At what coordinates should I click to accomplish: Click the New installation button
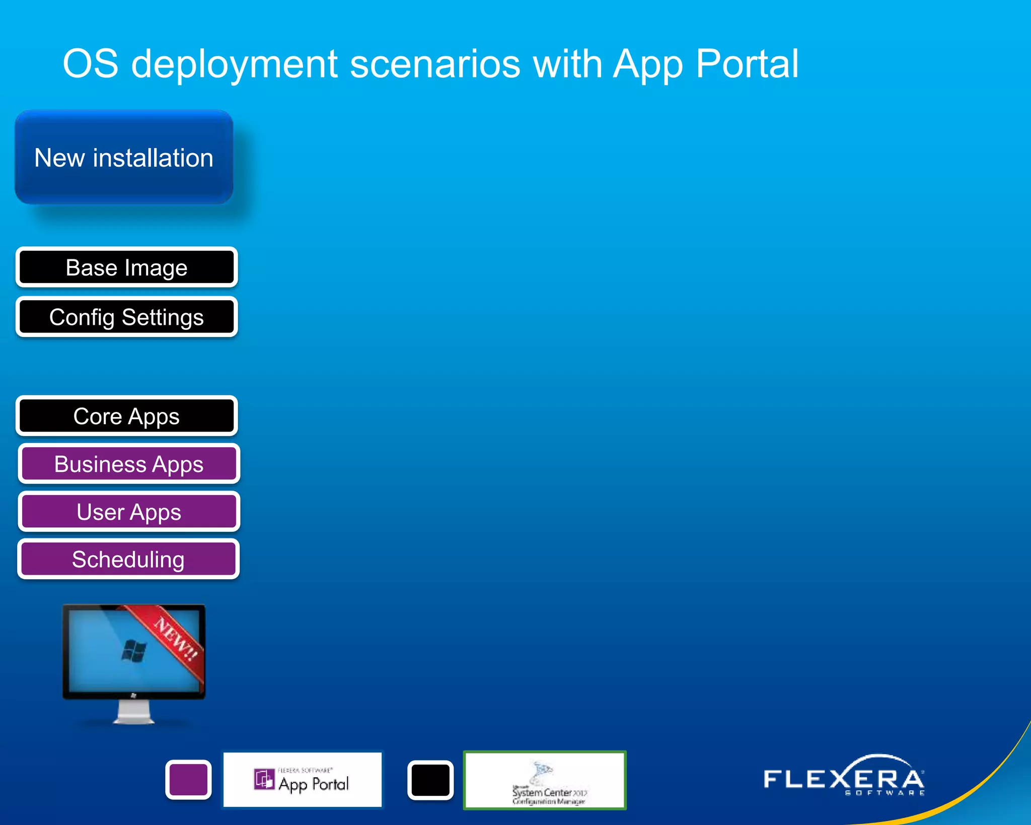[124, 158]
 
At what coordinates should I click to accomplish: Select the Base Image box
[126, 267]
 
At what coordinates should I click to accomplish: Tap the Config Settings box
[126, 317]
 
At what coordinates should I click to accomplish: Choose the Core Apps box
[126, 416]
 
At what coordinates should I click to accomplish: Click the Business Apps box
[128, 464]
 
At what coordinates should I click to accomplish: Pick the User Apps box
[128, 512]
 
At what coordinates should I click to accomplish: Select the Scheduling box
[128, 560]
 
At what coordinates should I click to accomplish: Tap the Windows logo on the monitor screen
[134, 651]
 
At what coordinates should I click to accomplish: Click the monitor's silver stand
[133, 712]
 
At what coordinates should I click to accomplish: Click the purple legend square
[188, 780]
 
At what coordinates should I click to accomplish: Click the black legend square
[430, 780]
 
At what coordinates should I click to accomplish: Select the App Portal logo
[303, 780]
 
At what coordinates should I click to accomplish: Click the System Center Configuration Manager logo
[545, 780]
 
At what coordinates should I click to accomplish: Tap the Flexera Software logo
[844, 778]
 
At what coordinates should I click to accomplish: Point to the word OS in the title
[91, 64]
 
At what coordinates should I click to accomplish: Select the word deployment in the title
[234, 64]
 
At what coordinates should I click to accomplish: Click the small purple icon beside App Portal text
[264, 779]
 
